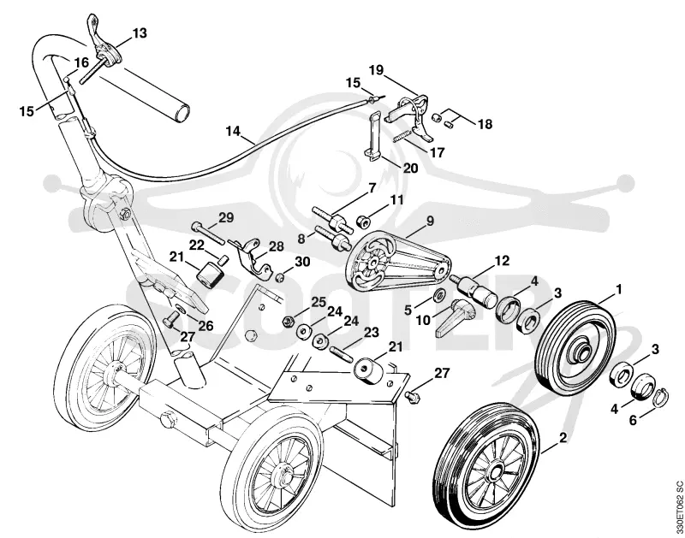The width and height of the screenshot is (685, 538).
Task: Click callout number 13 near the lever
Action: [x=140, y=33]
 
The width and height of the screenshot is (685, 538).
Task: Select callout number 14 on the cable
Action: [x=234, y=131]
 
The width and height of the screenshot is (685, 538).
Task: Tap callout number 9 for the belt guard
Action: [x=430, y=221]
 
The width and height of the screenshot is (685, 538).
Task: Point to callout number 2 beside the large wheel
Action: [x=563, y=437]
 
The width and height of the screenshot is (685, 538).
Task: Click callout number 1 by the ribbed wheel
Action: [x=618, y=289]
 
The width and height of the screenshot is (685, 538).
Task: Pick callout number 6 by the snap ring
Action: [x=633, y=420]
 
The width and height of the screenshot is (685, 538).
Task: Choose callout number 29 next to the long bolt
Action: [x=226, y=217]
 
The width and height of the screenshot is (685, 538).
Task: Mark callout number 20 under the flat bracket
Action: [x=410, y=168]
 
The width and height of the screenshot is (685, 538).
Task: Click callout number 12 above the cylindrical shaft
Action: [x=502, y=261]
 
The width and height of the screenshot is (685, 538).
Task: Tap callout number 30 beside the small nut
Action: [x=302, y=262]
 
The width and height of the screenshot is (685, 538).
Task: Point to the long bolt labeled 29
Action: [x=208, y=234]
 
